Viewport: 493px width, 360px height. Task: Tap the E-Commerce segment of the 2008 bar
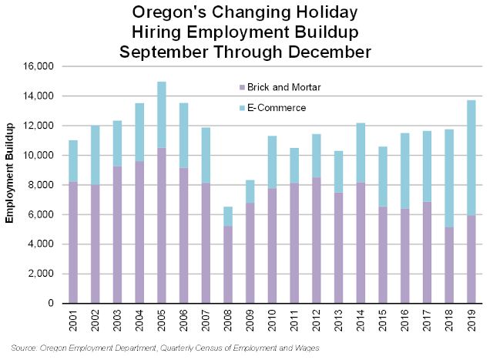point(229,216)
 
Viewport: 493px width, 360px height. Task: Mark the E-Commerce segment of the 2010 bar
point(272,162)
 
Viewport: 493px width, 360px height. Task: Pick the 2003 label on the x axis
point(118,319)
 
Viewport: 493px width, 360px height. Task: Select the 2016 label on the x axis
point(405,319)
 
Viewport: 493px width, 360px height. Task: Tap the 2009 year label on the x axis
point(250,319)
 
